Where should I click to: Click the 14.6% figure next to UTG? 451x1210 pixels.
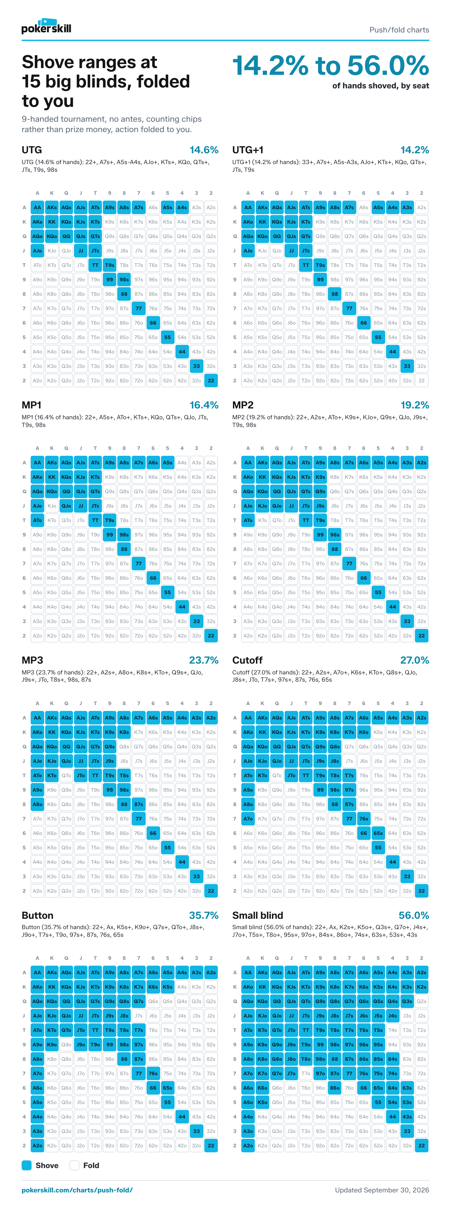click(x=204, y=150)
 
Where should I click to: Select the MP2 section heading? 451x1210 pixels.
click(x=243, y=405)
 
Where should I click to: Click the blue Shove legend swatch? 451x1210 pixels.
click(x=27, y=1165)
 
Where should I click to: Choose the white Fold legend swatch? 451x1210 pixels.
click(x=74, y=1165)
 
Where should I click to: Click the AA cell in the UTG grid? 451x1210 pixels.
click(x=38, y=207)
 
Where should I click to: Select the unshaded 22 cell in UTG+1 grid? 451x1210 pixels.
click(x=421, y=380)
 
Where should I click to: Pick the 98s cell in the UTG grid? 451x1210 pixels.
click(x=124, y=280)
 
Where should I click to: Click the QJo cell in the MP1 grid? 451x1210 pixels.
click(x=66, y=506)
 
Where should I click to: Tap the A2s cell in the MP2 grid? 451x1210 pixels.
click(x=421, y=463)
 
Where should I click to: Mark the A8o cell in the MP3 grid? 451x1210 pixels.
click(x=38, y=804)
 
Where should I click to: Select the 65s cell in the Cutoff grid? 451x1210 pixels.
click(x=378, y=833)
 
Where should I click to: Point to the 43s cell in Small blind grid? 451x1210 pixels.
click(x=407, y=1116)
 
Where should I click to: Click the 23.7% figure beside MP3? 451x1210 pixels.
click(x=204, y=660)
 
